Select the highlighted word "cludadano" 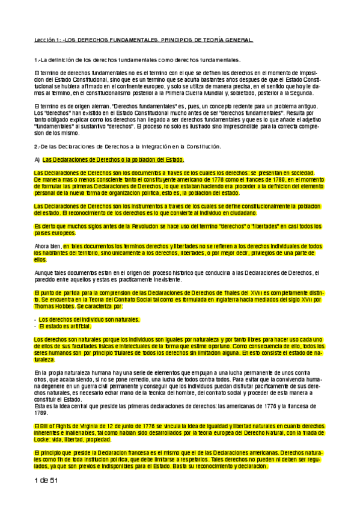tap(243, 213)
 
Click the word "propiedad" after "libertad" tap(110, 439)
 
